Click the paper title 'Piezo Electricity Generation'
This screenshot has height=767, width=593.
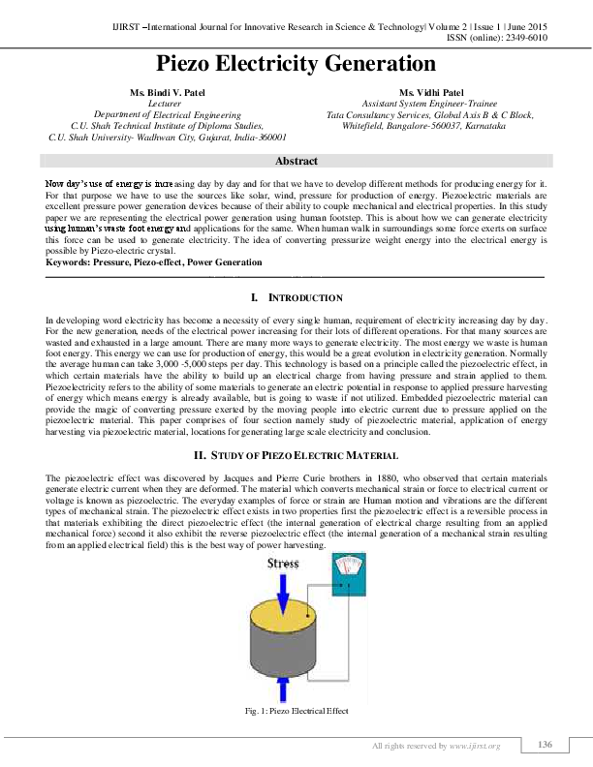296,64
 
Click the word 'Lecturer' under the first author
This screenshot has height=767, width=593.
157,103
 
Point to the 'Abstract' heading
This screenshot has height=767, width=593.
296,161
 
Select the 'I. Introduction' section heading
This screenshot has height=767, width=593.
296,297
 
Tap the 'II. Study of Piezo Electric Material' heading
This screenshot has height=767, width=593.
296,455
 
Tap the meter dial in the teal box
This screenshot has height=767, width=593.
345,568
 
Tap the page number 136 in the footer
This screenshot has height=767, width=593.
545,744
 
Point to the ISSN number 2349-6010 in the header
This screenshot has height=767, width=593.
524,37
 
